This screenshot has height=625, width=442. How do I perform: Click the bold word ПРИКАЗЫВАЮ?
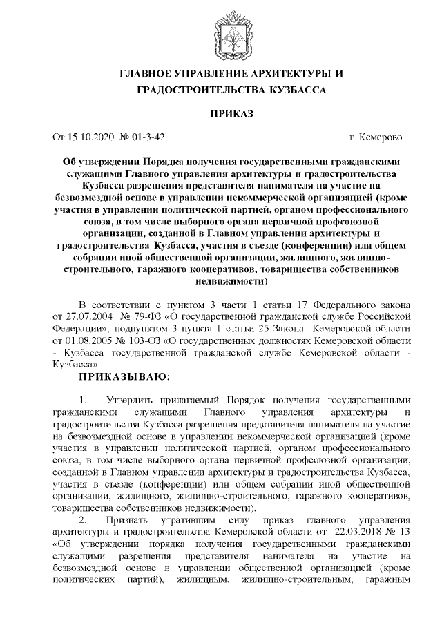[x=122, y=376]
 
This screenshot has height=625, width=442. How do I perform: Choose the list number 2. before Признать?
[x=84, y=517]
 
